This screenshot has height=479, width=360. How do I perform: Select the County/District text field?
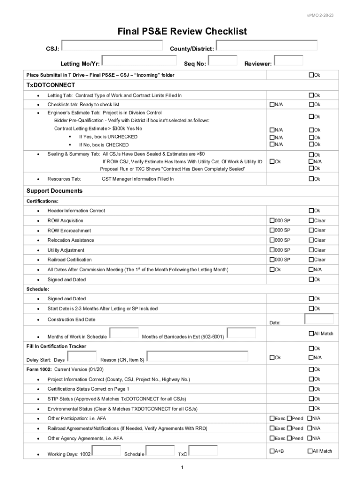click(x=267, y=45)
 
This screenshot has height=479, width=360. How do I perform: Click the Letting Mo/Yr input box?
click(x=142, y=60)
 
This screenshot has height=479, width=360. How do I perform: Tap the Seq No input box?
click(x=223, y=60)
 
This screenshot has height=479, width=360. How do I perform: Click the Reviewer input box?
click(x=288, y=60)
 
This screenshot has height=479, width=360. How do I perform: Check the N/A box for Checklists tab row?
click(x=272, y=105)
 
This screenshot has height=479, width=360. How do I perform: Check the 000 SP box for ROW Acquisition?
click(x=272, y=220)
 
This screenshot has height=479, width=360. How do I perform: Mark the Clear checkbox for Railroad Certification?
click(x=310, y=260)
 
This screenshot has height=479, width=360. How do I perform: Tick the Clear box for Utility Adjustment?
click(x=310, y=250)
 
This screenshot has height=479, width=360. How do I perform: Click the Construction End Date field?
click(x=319, y=319)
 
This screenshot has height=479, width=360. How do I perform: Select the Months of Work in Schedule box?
click(x=124, y=333)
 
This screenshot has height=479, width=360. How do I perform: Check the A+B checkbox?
click(x=272, y=451)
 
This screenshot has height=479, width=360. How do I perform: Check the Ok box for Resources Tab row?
click(x=310, y=179)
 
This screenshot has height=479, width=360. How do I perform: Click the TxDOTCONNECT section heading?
click(x=50, y=85)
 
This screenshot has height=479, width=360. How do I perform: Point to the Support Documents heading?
click(x=54, y=191)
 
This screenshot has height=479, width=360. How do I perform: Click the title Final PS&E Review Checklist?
click(x=182, y=31)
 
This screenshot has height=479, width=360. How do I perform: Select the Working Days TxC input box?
click(x=203, y=450)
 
